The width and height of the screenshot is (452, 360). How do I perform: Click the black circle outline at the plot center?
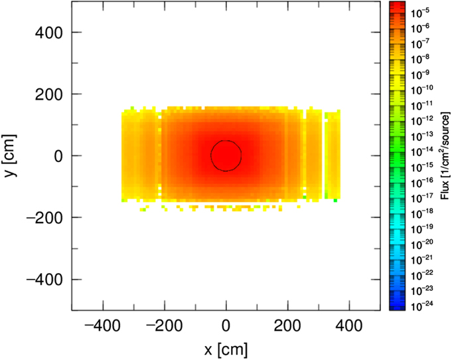tap(210, 156)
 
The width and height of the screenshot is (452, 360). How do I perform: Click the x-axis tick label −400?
tap(102, 326)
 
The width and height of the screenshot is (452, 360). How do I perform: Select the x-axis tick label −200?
tap(164, 326)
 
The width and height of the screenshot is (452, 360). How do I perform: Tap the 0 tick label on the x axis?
tap(226, 326)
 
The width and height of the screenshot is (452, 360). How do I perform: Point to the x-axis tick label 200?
tap(287, 326)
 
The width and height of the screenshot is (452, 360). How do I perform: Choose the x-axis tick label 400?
tap(349, 326)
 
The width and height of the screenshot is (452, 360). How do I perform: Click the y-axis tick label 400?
tap(48, 33)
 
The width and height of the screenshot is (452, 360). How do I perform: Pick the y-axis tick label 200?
tap(48, 94)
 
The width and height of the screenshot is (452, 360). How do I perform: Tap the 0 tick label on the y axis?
tap(58, 156)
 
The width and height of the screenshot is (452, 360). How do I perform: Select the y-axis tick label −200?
tap(44, 217)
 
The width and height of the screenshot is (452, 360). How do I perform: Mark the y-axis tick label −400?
tap(44, 279)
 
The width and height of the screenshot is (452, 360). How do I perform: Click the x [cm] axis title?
tap(226, 349)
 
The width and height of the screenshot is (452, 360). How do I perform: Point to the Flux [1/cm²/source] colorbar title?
tap(445, 156)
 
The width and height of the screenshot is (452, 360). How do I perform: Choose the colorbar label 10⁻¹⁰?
tap(422, 90)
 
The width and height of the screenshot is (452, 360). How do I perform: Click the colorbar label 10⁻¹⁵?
tap(422, 167)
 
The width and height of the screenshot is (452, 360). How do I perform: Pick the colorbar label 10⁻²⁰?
tap(422, 244)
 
